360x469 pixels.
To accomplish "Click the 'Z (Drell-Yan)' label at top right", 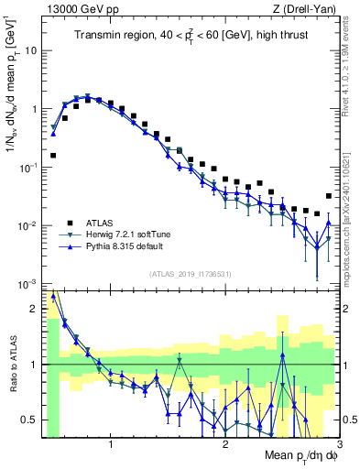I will click(310, 8).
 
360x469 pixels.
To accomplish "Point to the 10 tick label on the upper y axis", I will click(32, 49).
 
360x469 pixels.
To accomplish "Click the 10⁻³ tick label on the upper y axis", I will click(30, 285).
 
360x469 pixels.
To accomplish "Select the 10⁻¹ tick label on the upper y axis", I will click(30, 168).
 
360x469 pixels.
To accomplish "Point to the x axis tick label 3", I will click(340, 448).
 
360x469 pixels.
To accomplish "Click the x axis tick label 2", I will click(225, 448).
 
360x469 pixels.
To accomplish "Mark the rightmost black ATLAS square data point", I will click(329, 196).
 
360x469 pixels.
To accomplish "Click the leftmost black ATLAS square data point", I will click(53, 156).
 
